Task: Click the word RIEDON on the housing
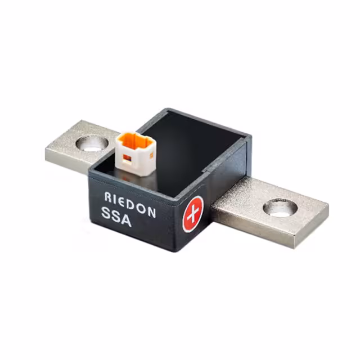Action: pyautogui.click(x=130, y=203)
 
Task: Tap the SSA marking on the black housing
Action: pyautogui.click(x=116, y=217)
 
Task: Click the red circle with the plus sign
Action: pyautogui.click(x=193, y=214)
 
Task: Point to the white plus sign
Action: pyautogui.click(x=193, y=214)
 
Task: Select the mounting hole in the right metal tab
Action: pyautogui.click(x=280, y=208)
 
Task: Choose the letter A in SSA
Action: pyautogui.click(x=127, y=220)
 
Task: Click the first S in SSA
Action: pyautogui.click(x=106, y=213)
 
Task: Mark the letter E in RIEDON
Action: pyautogui.click(x=122, y=200)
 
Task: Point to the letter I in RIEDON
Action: pyautogui.click(x=115, y=197)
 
